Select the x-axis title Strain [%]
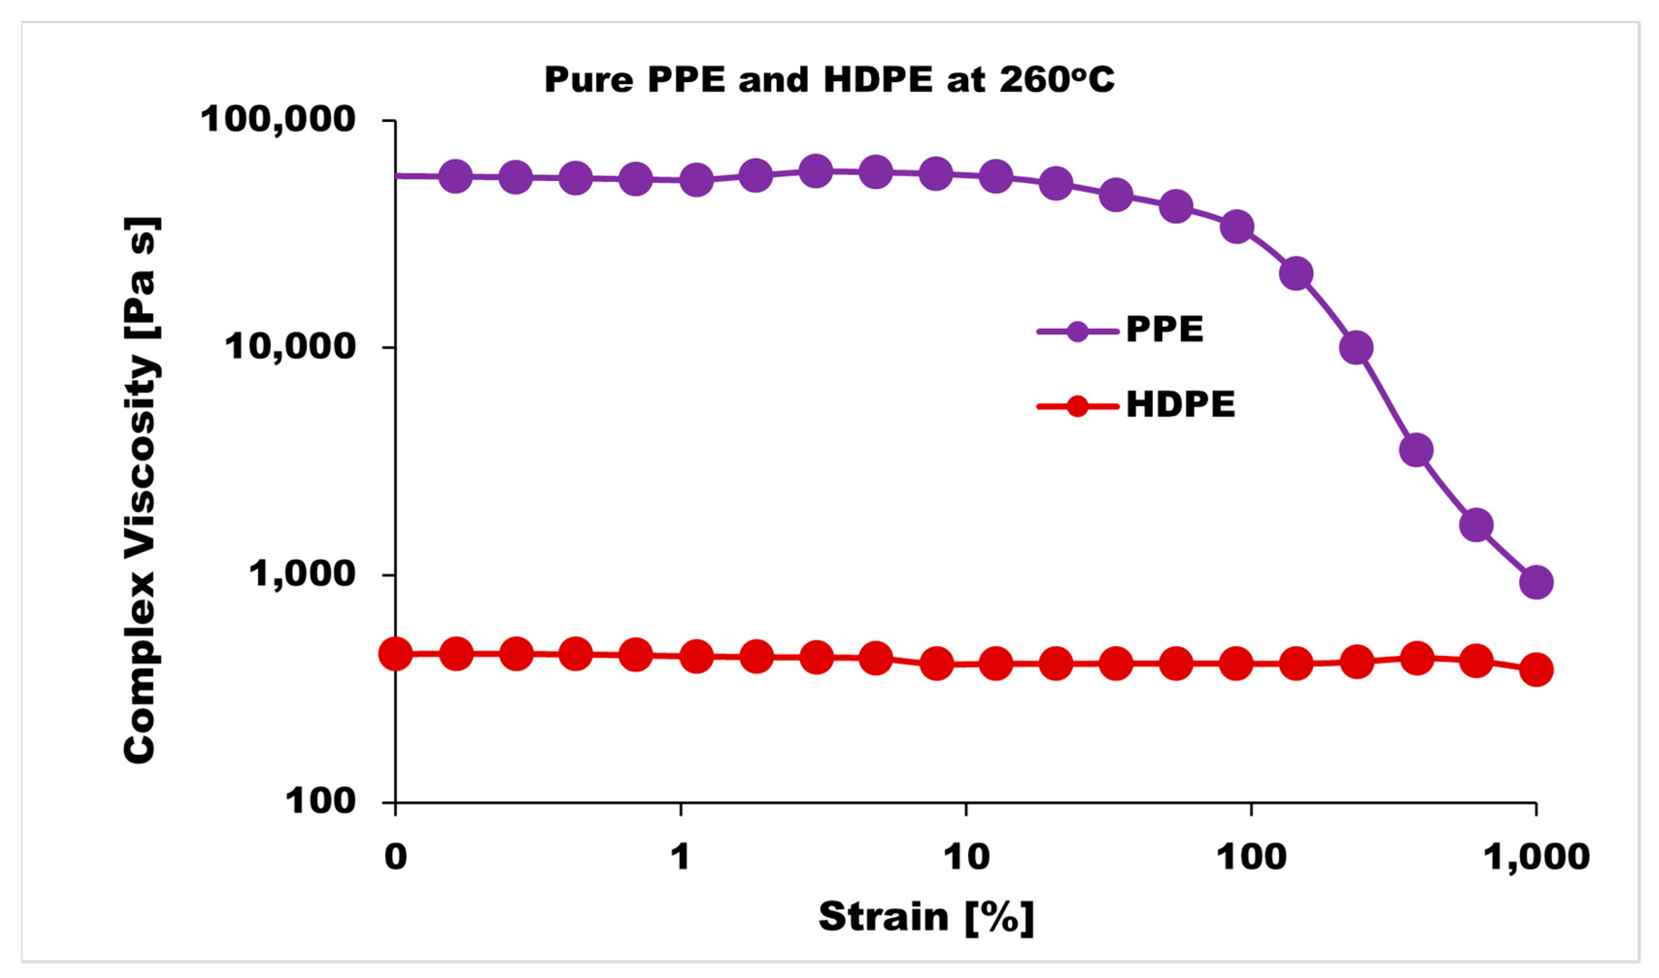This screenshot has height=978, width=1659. [x=926, y=917]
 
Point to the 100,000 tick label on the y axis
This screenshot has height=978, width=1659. [x=278, y=120]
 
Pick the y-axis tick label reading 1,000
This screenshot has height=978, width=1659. [x=302, y=574]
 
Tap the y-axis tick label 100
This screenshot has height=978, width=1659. [x=320, y=801]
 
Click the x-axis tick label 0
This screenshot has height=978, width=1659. [x=396, y=857]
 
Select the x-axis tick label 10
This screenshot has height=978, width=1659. [x=966, y=857]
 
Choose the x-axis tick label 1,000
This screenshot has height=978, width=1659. [x=1536, y=857]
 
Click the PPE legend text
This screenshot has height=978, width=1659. [x=1164, y=329]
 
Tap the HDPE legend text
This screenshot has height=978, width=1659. [x=1180, y=405]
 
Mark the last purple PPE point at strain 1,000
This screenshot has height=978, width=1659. [x=1536, y=582]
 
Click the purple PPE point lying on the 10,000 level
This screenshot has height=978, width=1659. [x=1356, y=348]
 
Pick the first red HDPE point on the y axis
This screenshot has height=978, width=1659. [x=396, y=653]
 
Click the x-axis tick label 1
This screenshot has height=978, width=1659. [x=680, y=857]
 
